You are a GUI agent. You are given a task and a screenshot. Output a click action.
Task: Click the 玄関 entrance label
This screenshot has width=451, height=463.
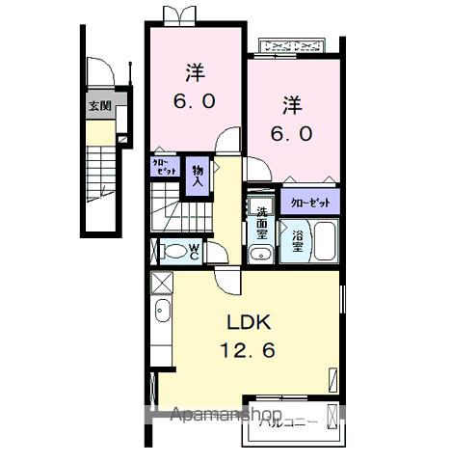[99, 106]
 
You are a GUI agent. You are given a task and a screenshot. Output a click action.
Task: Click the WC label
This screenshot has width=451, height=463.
[195, 252]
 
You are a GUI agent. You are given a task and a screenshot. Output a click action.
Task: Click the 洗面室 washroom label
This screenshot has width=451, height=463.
[261, 224]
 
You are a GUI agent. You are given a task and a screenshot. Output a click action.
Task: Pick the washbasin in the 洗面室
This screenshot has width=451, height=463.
[261, 254]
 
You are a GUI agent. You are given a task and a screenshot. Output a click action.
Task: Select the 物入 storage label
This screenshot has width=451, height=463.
[197, 174]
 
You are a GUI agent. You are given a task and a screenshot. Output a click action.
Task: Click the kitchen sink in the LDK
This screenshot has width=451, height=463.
[162, 312]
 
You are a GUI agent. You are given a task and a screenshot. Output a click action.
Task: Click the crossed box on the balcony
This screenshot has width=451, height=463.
[332, 417]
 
